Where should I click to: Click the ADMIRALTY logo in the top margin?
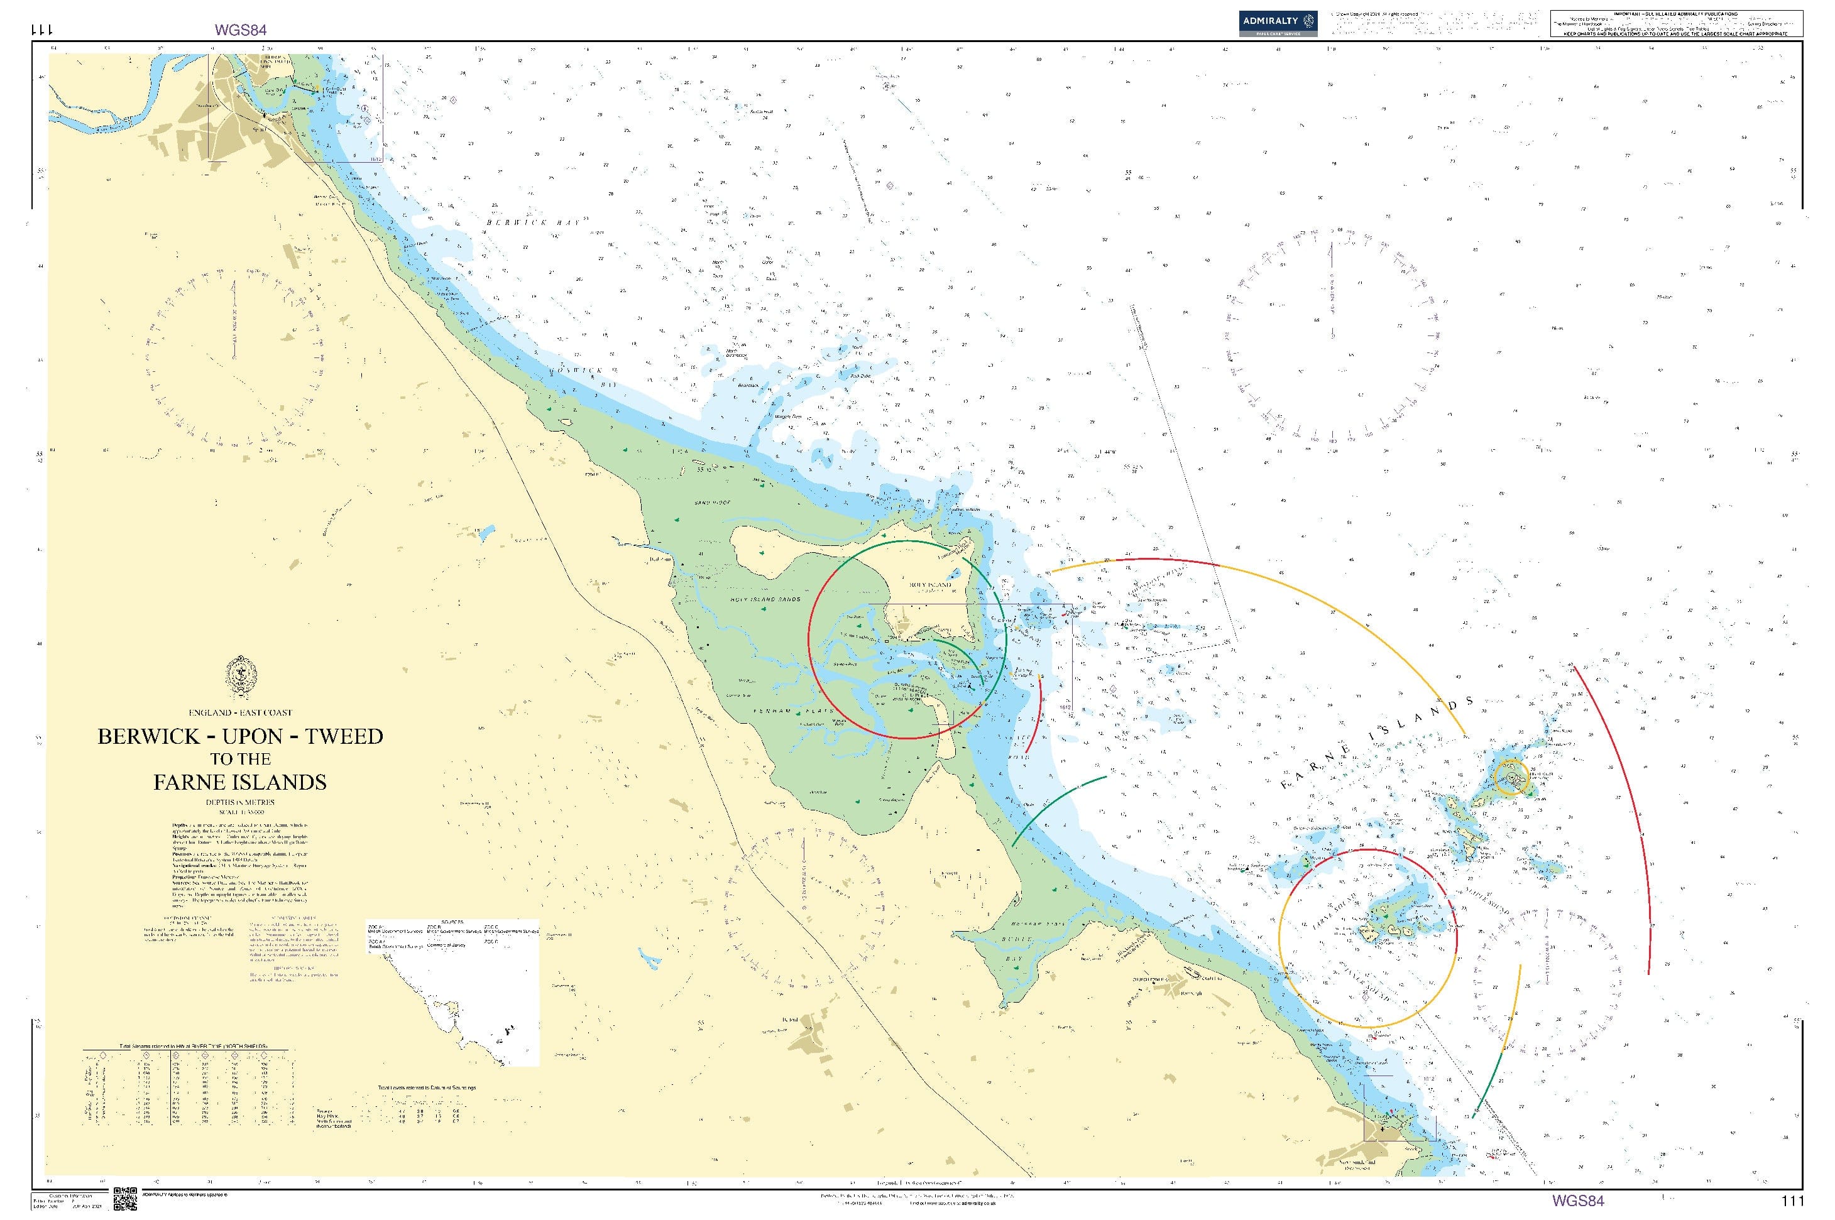1279,23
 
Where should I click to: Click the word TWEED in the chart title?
344,736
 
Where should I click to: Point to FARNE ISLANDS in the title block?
239,782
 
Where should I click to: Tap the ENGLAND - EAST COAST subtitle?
239,712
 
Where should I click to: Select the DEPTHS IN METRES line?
239,802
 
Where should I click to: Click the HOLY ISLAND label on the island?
930,585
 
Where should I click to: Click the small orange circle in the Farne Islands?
1511,776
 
